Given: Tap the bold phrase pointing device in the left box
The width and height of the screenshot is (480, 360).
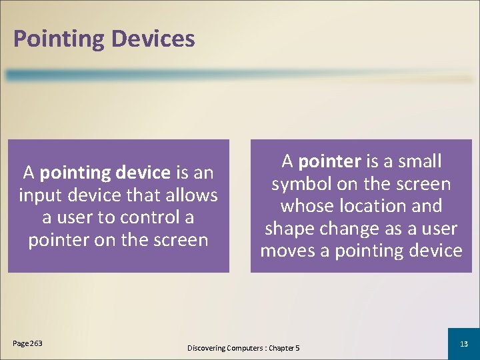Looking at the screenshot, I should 105,173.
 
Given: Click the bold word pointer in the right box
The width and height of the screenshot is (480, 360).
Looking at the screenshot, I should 329,161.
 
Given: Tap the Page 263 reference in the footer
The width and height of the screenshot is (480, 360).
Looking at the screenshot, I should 27,343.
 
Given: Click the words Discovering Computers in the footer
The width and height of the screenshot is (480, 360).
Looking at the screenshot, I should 225,348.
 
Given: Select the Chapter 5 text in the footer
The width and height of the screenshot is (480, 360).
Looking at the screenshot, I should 284,348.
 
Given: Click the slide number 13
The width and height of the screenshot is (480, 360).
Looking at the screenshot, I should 464,343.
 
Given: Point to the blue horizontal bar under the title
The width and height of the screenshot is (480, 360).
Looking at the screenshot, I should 240,75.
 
